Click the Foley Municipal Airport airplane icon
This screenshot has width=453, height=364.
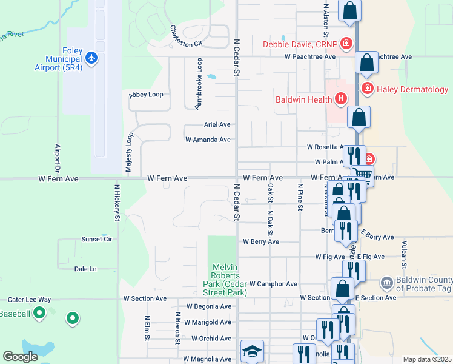click(x=91, y=58)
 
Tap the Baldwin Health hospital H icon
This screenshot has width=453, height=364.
click(x=341, y=98)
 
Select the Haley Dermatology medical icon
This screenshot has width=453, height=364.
click(x=368, y=89)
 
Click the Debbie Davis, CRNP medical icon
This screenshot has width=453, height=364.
click(x=346, y=44)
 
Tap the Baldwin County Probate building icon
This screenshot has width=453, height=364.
click(x=386, y=283)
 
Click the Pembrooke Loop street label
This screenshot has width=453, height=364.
click(x=198, y=84)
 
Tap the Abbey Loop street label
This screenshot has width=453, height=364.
click(x=146, y=95)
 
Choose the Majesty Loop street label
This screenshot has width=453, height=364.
click(x=128, y=152)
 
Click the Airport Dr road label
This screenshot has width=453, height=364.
click(x=58, y=158)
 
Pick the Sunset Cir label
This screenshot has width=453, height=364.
click(x=97, y=239)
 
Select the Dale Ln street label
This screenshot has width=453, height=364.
click(x=85, y=269)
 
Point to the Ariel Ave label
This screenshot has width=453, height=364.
click(x=217, y=124)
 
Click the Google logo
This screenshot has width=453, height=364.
click(x=20, y=357)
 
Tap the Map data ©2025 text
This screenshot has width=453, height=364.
click(x=426, y=359)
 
